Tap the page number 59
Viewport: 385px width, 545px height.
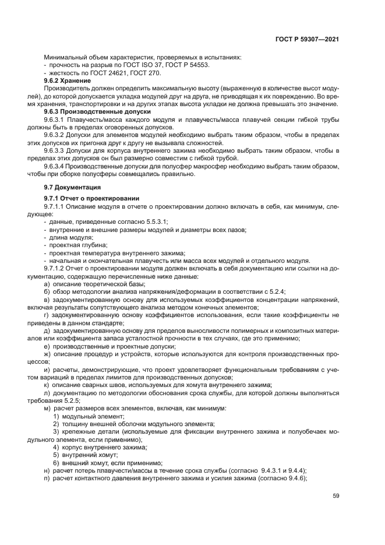coord(335,496)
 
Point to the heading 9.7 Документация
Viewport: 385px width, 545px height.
coord(73,187)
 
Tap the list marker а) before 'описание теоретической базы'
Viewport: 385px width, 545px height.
coord(47,283)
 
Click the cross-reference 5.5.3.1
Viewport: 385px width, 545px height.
coord(156,221)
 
